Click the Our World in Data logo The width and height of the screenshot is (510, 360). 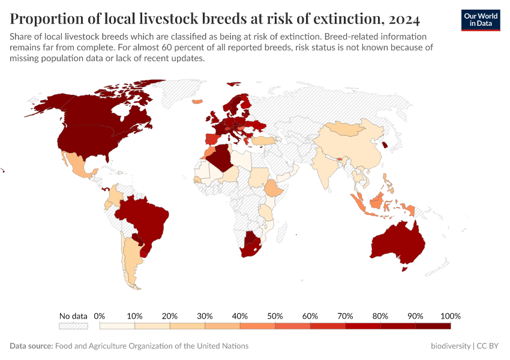click(x=481, y=20)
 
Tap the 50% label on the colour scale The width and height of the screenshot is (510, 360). click(x=275, y=316)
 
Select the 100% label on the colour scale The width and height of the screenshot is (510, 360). click(x=450, y=316)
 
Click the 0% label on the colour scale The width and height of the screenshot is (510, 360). click(x=100, y=316)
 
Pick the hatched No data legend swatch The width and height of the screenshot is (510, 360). click(x=73, y=326)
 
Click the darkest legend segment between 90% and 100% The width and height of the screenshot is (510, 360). click(x=433, y=326)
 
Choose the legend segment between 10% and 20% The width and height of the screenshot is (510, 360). click(x=152, y=326)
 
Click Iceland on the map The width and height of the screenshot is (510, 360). click(x=197, y=101)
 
